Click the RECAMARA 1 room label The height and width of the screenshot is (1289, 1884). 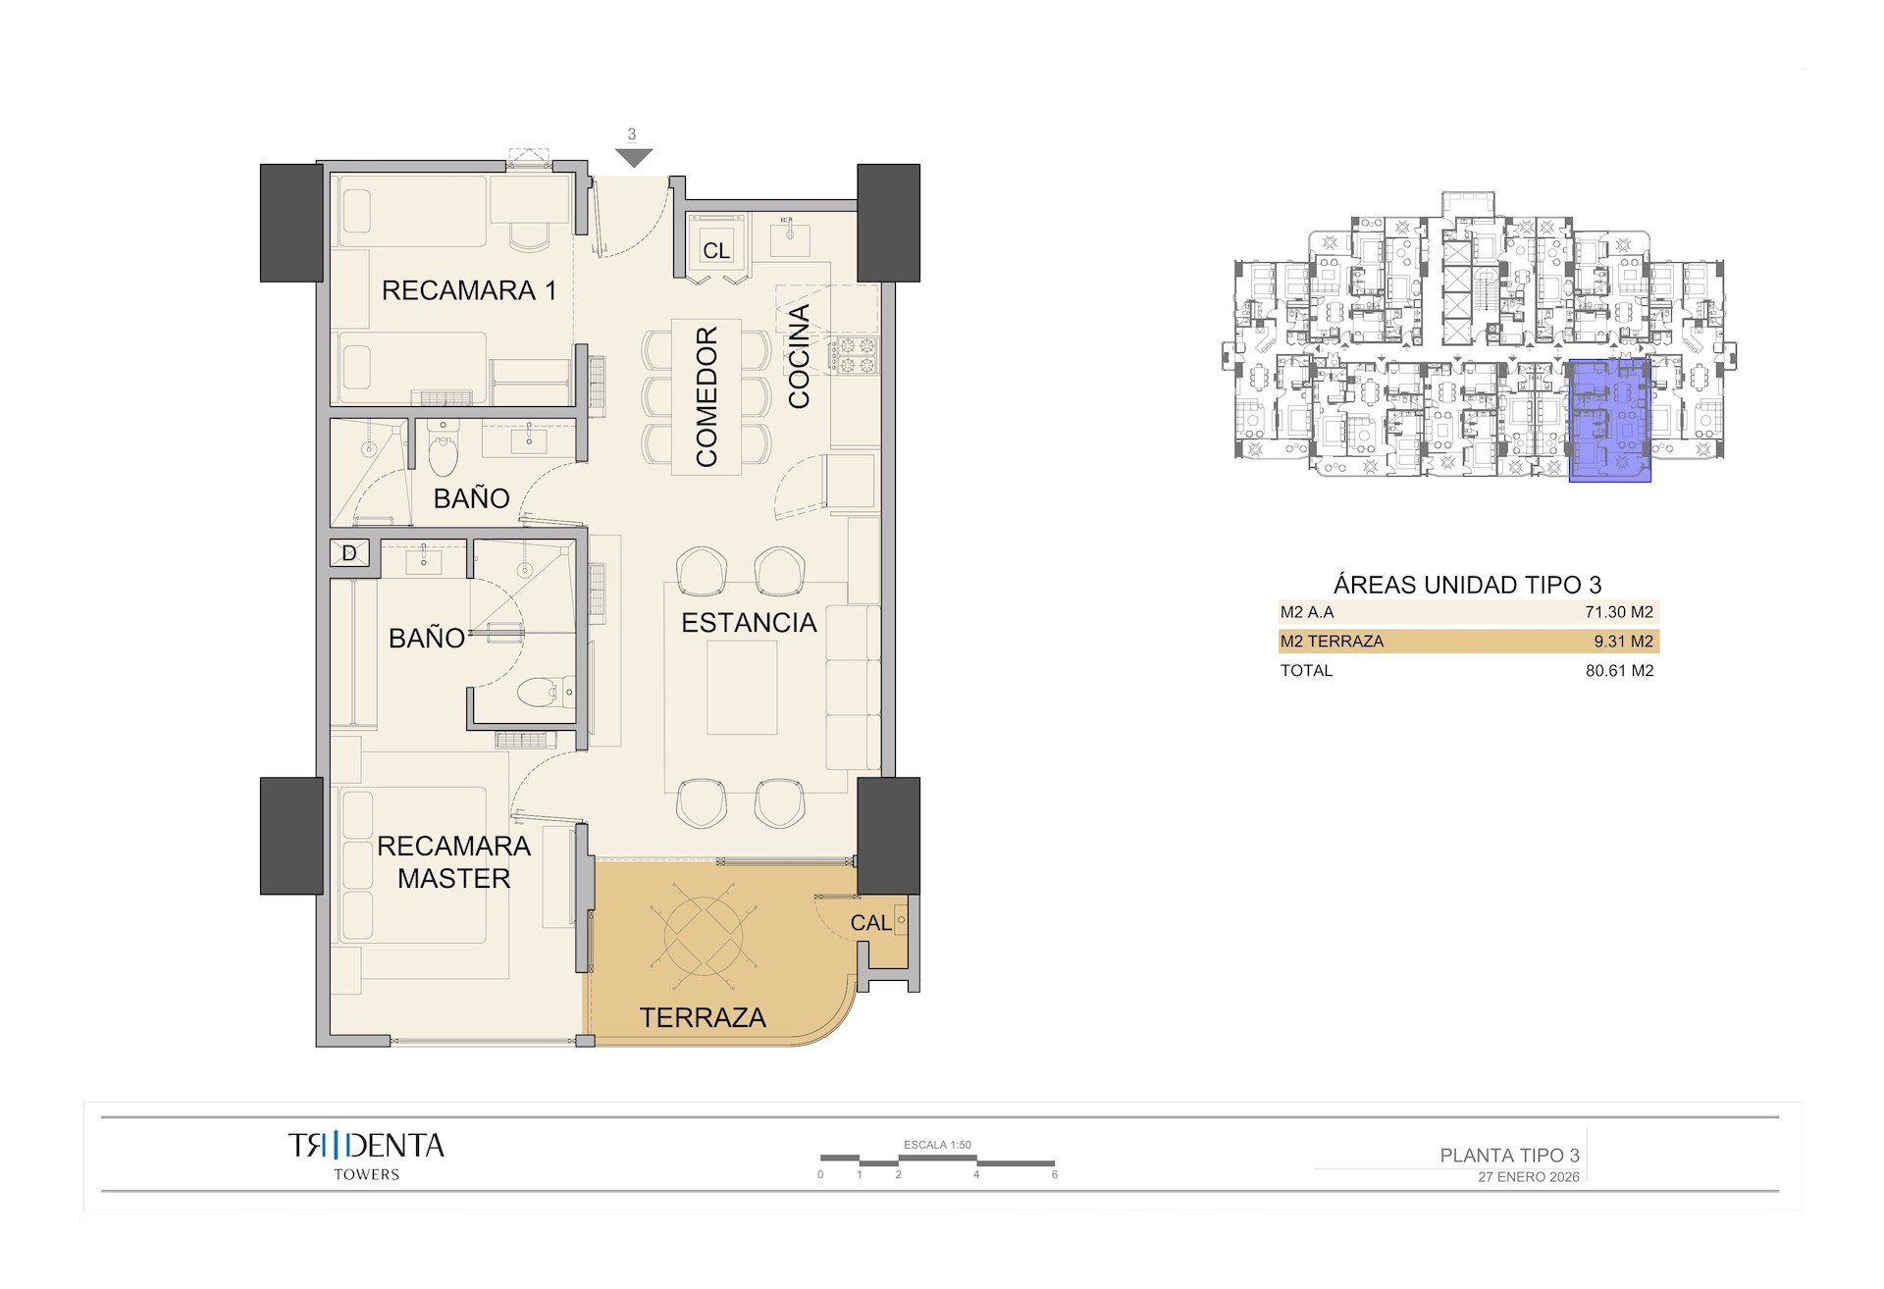pos(468,290)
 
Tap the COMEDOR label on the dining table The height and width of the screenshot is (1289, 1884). pos(706,396)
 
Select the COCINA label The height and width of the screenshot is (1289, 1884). pos(799,356)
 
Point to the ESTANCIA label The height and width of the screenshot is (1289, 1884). pos(749,623)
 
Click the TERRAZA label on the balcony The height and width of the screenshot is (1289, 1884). pos(703,1018)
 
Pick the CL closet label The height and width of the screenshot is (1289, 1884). pos(716,251)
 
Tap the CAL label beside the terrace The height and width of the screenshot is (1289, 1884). pos(870,923)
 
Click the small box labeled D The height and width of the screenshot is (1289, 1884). pos(349,553)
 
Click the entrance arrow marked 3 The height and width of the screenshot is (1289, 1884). pos(634,155)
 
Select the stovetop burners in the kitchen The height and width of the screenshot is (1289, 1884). pos(855,355)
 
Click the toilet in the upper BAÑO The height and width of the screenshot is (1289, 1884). pos(444,453)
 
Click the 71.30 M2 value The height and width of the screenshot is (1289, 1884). pos(1618,612)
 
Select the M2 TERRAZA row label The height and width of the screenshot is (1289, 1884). pos(1332,642)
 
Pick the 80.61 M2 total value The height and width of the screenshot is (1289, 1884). pos(1619,671)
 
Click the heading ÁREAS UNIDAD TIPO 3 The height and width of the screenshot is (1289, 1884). pos(1467,585)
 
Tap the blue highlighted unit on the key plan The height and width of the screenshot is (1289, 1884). pos(1609,420)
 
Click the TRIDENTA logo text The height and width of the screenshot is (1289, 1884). pos(366,1146)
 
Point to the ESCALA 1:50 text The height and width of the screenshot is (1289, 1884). pos(937,1145)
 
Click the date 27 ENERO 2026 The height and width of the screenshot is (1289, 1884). pos(1528,1177)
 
